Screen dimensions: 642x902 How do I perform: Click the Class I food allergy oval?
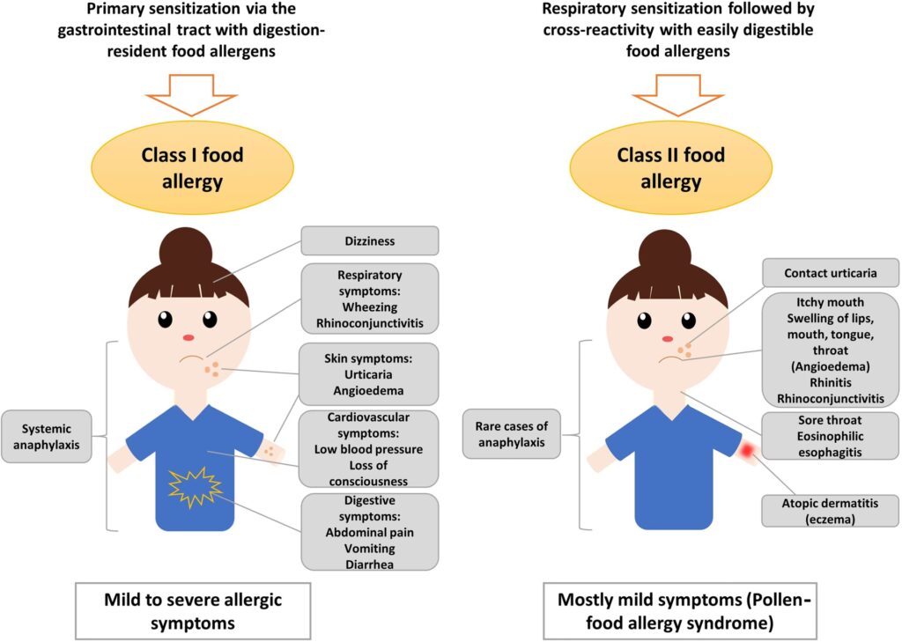click(193, 167)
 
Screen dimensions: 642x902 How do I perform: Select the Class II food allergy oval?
click(670, 167)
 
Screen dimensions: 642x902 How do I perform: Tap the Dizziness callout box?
click(369, 240)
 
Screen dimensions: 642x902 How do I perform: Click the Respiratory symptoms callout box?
click(369, 298)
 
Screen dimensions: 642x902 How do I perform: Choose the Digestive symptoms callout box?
click(369, 531)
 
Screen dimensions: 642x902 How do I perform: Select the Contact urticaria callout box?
click(831, 273)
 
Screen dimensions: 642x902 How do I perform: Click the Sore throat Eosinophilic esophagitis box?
click(831, 436)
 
